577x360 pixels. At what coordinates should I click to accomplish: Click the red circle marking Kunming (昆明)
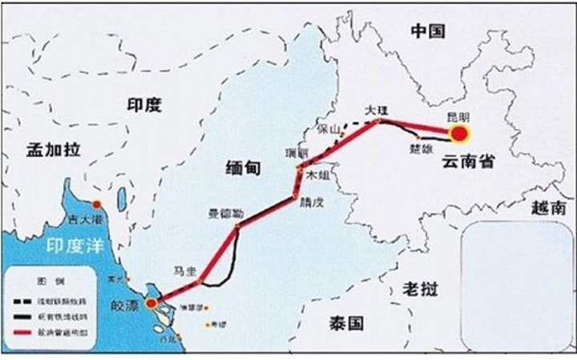point(459,133)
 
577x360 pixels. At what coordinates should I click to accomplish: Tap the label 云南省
point(467,162)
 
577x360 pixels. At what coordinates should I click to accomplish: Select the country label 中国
point(428,31)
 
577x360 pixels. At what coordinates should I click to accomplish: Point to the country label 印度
point(144,104)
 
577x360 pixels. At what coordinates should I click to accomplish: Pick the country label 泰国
point(346,323)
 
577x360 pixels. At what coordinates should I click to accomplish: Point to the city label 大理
point(374,109)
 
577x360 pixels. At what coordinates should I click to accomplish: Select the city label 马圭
point(185,270)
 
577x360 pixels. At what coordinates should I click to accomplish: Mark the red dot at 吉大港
point(97,204)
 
